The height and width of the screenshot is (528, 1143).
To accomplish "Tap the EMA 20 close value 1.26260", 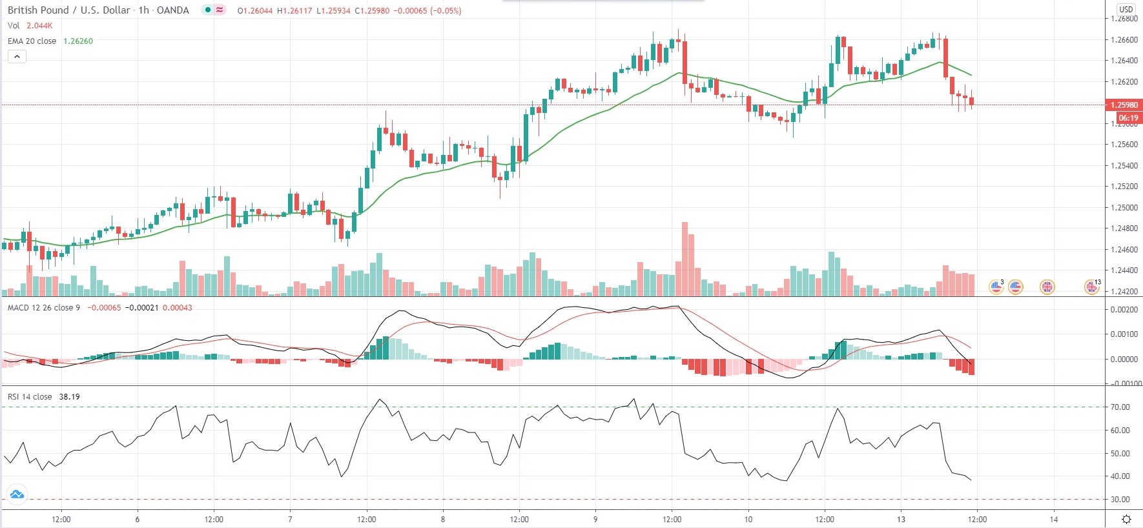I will click(78, 41).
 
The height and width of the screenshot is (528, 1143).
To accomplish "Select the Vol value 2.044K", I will click(39, 26).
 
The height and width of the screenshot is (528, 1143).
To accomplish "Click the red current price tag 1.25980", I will click(1124, 105).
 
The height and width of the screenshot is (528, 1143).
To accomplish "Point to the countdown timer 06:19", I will click(1128, 118).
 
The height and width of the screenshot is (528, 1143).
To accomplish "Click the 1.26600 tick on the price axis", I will click(1124, 40).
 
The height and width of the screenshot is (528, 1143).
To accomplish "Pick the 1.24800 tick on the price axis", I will click(1124, 228).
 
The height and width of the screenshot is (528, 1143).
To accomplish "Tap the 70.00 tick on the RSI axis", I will click(1120, 407).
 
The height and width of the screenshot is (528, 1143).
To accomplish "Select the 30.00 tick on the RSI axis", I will click(1120, 500).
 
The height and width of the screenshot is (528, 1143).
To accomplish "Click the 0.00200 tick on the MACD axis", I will click(1124, 310).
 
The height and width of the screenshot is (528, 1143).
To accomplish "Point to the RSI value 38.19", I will click(69, 397).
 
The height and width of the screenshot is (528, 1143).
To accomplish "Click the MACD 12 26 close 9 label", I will click(44, 308).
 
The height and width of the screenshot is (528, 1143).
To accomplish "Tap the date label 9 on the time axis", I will click(595, 520).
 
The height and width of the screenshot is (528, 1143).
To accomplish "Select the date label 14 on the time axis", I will click(1053, 520).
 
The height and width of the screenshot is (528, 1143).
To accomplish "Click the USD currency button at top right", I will click(1126, 9).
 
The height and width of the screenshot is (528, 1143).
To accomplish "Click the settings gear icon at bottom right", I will click(1126, 519).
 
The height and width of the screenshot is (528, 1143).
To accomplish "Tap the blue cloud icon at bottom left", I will click(17, 495).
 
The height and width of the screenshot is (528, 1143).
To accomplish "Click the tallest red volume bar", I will click(685, 258).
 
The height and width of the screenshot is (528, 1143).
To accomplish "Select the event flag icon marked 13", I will click(1091, 287).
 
